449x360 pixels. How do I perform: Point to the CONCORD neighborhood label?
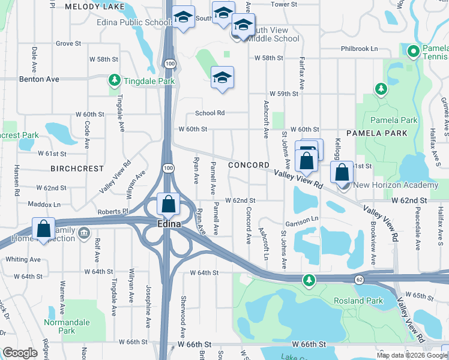[x=249, y=165]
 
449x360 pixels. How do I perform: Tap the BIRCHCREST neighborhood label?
[x=77, y=169]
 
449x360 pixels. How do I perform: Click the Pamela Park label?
[x=394, y=120]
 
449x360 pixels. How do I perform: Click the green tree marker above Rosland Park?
[x=309, y=280]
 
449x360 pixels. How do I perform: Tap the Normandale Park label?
[x=67, y=326]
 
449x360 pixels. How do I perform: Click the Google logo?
[x=20, y=353]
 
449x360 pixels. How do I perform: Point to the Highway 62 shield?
[x=359, y=279]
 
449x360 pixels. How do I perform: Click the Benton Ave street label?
[x=39, y=79]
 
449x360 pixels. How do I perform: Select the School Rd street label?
[x=209, y=113]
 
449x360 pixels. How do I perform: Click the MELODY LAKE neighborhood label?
[x=89, y=7]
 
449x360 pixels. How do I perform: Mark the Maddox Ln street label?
[x=44, y=204]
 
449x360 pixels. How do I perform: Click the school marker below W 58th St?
[x=222, y=77]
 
